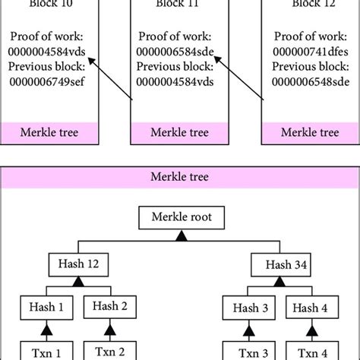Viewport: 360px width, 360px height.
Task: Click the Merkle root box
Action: pos(180,220)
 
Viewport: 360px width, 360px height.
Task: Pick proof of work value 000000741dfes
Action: pos(309,51)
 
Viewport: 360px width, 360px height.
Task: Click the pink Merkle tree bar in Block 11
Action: pos(180,132)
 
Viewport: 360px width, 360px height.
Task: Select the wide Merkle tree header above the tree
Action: pos(180,177)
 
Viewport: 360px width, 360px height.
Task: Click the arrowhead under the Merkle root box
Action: pos(180,239)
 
